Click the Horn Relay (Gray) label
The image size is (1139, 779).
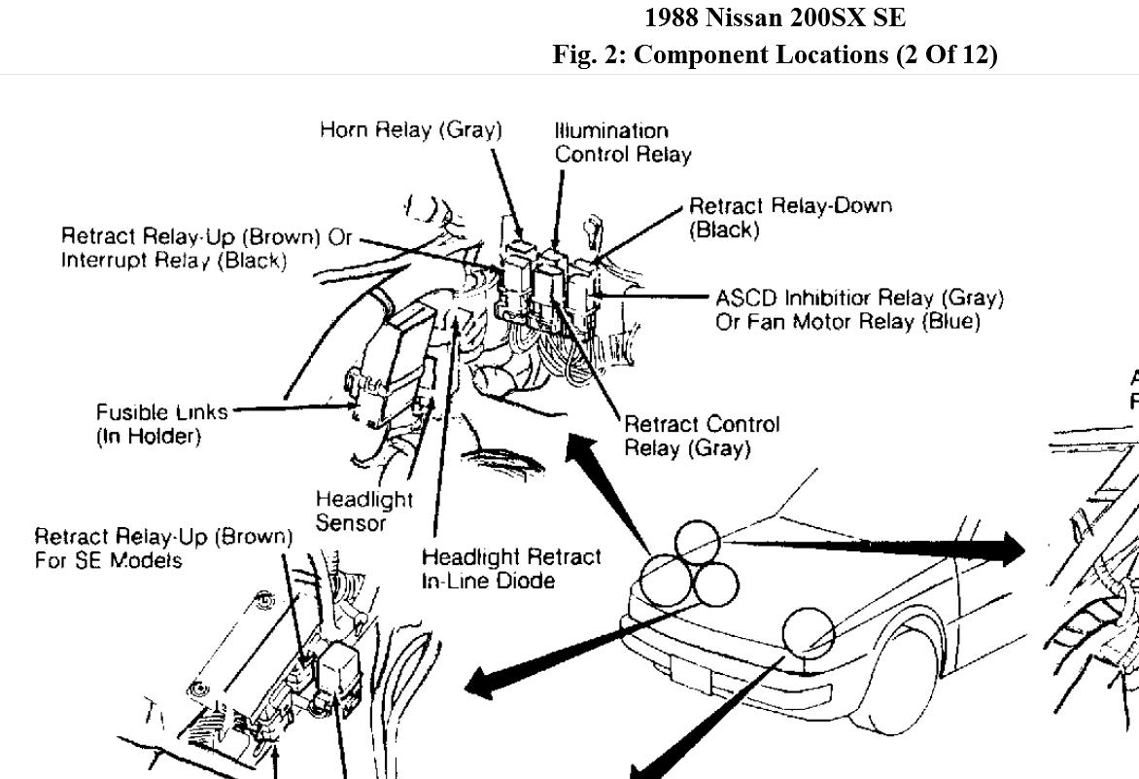click(x=410, y=129)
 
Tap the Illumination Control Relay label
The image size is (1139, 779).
click(x=623, y=142)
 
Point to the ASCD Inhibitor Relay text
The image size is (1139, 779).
click(x=859, y=297)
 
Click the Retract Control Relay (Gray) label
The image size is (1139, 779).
click(x=701, y=436)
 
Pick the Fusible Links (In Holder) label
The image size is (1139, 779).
click(x=161, y=424)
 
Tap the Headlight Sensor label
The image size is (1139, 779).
click(x=363, y=511)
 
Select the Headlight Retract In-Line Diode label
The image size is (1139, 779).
click(x=510, y=569)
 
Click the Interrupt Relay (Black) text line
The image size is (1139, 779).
click(x=173, y=261)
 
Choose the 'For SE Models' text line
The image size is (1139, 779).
click(x=108, y=561)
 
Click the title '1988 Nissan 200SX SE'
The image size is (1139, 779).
click(x=775, y=18)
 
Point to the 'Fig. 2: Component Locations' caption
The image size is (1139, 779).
click(x=775, y=54)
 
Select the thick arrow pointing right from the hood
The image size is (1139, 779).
click(x=875, y=548)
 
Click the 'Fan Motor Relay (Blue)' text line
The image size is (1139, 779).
click(x=847, y=322)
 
